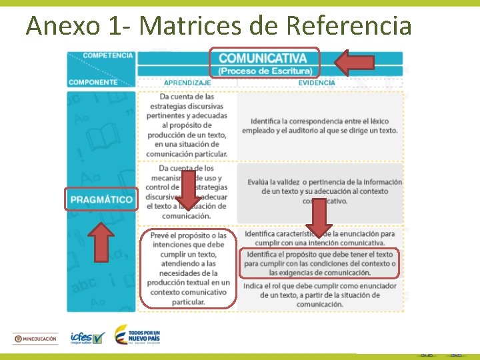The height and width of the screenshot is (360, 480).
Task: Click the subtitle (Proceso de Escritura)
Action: click(265, 71)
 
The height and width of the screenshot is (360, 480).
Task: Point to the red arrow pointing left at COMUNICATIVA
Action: click(354, 63)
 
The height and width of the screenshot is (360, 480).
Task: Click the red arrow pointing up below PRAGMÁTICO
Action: click(101, 241)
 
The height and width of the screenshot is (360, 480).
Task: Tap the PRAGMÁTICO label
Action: click(102, 199)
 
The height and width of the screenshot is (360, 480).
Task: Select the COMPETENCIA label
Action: click(107, 55)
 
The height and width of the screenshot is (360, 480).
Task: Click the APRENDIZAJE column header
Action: click(187, 83)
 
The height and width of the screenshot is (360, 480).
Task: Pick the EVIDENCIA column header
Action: click(317, 83)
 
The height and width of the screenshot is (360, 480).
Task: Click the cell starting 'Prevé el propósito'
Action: click(189, 269)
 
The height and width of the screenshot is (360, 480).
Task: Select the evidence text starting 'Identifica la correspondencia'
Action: click(324, 125)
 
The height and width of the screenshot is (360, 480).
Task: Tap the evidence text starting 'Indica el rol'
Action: click(320, 295)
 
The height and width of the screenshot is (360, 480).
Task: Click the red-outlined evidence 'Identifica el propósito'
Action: click(320, 263)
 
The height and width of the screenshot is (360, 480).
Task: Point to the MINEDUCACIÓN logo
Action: click(36, 339)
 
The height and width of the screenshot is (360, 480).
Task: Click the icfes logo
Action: click(87, 338)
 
